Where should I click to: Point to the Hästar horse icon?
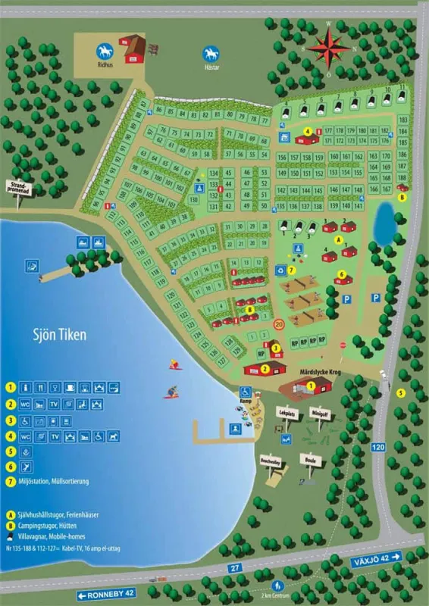210,55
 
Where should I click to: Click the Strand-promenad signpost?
20,187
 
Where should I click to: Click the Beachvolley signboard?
271,460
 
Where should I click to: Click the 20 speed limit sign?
278,325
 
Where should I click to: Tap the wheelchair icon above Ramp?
246,392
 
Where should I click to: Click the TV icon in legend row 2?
54,405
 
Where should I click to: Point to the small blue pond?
384,220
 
